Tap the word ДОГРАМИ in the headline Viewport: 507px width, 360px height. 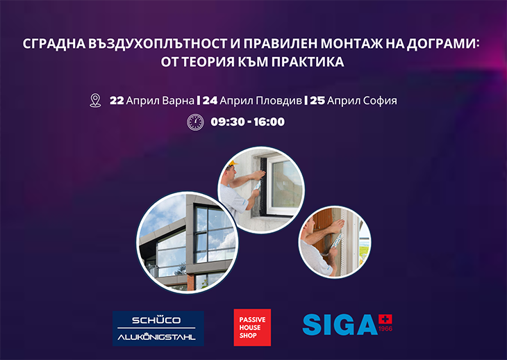tap(442, 44)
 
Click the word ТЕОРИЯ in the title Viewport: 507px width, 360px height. tap(208, 62)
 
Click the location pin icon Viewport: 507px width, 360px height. tap(95, 101)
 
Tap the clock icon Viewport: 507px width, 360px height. tap(196, 122)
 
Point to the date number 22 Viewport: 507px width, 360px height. tap(117, 101)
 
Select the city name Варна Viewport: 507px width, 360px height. tap(178, 101)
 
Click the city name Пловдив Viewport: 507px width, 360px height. tap(279, 101)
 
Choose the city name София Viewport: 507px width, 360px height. tap(380, 101)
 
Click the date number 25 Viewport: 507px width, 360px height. tap(317, 101)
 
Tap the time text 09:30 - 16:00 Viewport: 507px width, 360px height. tap(248, 122)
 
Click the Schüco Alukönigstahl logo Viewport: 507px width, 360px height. tap(158, 328)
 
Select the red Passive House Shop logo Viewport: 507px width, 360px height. tap(252, 327)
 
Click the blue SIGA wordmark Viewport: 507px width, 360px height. tap(340, 325)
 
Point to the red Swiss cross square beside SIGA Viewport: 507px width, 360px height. tap(385, 320)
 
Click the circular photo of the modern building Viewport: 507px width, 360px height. tap(188, 243)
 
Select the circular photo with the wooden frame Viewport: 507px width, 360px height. tap(335, 243)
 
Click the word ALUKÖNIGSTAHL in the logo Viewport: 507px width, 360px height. tap(156, 337)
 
